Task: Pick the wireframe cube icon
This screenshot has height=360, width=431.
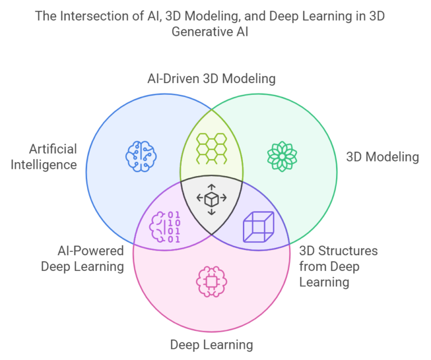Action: pyautogui.click(x=258, y=227)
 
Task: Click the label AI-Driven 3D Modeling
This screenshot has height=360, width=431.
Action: pyautogui.click(x=212, y=79)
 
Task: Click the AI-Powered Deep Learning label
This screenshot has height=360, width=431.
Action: pyautogui.click(x=82, y=258)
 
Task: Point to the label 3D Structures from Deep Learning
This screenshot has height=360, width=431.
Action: pyautogui.click(x=338, y=266)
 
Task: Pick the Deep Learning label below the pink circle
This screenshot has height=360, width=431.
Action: pyautogui.click(x=212, y=344)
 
